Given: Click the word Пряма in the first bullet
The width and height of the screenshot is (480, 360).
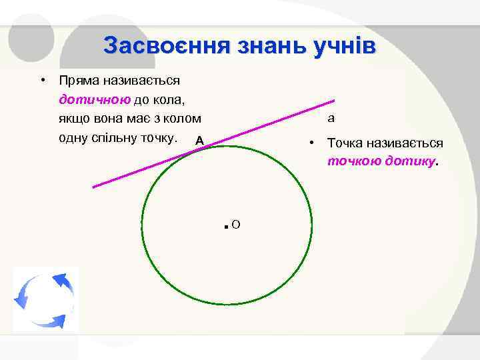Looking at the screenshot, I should pyautogui.click(x=79, y=81).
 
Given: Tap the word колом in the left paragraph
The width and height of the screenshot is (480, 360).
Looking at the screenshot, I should pyautogui.click(x=182, y=119).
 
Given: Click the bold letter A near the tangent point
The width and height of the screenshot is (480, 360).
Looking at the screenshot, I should pyautogui.click(x=199, y=141).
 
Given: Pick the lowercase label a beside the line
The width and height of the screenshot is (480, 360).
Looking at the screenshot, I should pyautogui.click(x=331, y=119).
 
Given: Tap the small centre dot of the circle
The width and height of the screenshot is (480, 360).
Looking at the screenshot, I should pyautogui.click(x=227, y=227).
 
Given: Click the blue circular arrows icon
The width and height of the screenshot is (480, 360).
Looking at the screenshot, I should pyautogui.click(x=44, y=299).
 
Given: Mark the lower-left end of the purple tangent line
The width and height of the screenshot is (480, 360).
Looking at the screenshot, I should pyautogui.click(x=93, y=187).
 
